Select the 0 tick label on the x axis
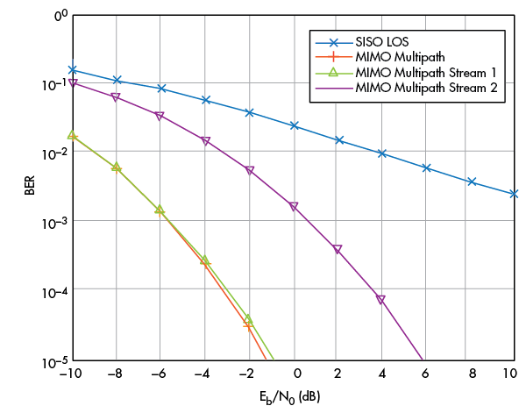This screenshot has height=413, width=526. point(295,375)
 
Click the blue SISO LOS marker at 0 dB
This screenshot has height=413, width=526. point(295,126)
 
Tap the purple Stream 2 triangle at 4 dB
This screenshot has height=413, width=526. point(381,300)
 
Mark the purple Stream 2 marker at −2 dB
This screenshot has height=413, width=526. point(249,171)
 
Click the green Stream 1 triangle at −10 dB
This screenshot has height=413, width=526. point(72,135)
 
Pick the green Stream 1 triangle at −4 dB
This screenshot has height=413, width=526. point(205,260)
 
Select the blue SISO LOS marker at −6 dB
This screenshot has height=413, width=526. point(161,89)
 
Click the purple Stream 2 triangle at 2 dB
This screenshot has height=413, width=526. point(338,250)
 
